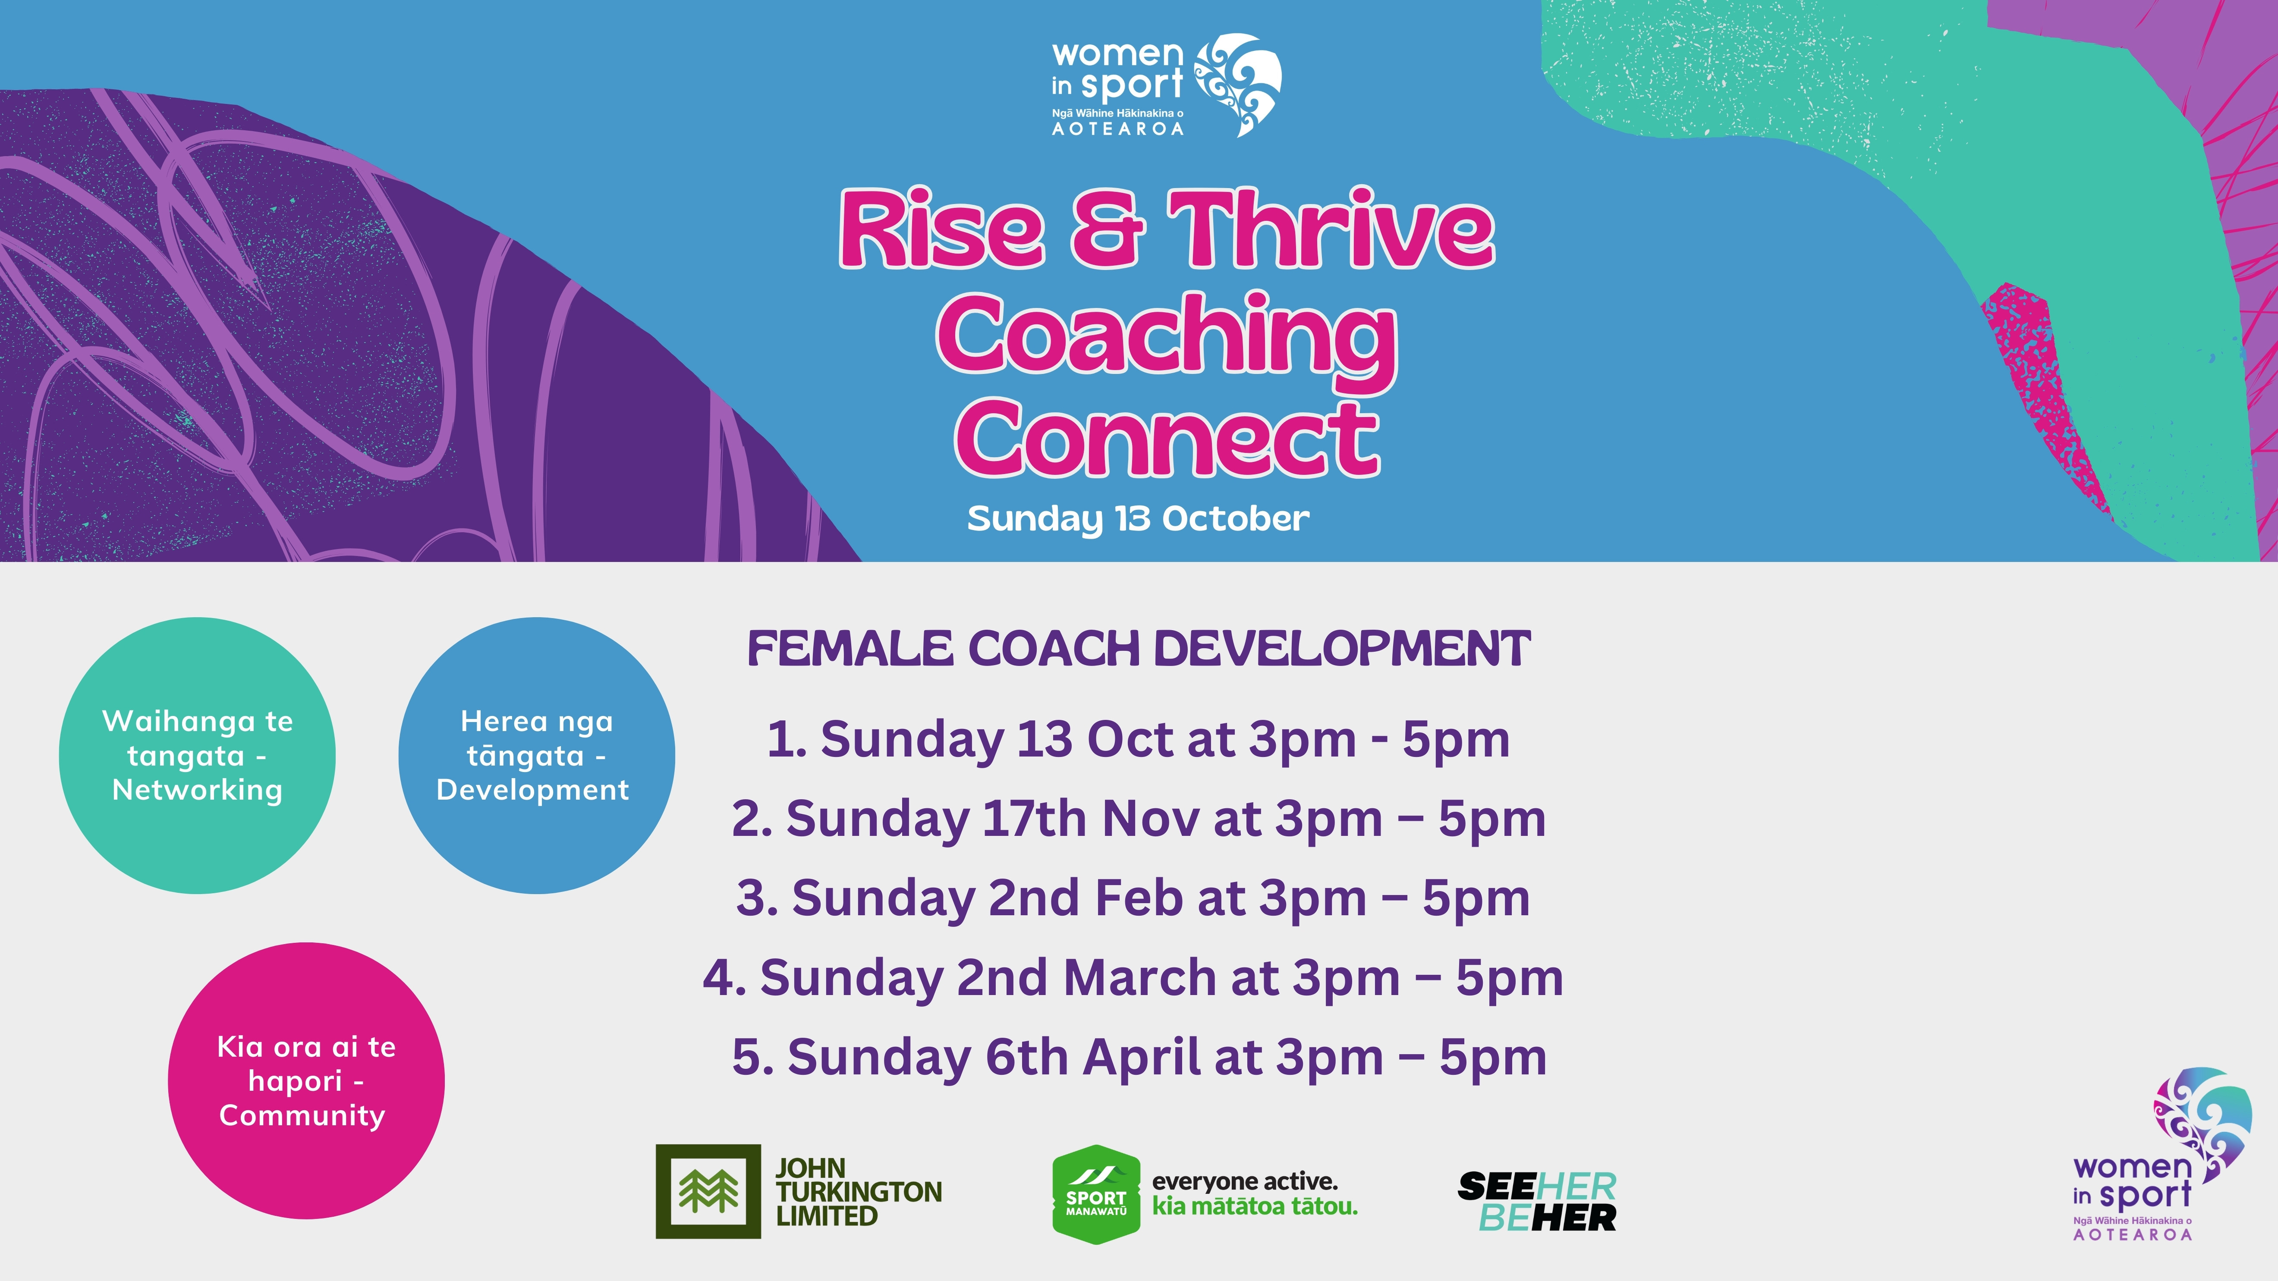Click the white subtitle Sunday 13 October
1138,519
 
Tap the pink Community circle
306,1080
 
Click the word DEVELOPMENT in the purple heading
1341,649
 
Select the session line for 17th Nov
1138,819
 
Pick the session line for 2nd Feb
1133,898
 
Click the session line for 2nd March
1133,978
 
